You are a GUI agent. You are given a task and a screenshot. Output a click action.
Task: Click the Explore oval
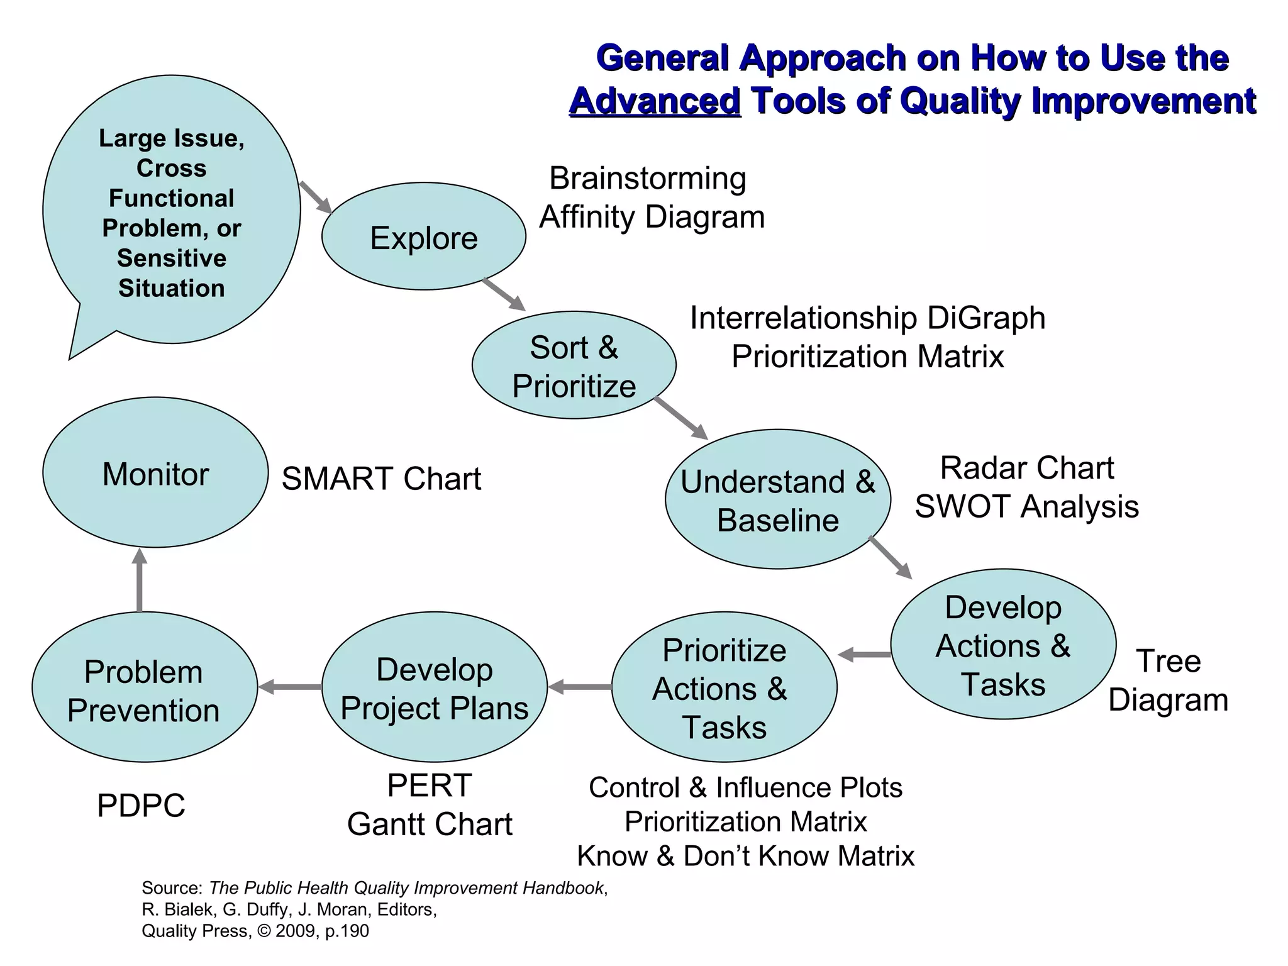tap(423, 236)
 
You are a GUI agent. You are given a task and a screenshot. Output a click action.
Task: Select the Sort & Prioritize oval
tap(574, 365)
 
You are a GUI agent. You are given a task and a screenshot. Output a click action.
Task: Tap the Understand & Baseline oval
tap(777, 500)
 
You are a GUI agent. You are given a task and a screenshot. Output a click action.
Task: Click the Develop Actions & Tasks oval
tap(1002, 645)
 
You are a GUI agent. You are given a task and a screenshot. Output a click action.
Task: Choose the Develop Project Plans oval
tap(434, 687)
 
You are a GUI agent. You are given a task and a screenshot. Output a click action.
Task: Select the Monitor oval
tap(155, 473)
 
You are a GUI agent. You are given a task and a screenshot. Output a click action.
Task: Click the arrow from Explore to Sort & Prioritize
tap(504, 294)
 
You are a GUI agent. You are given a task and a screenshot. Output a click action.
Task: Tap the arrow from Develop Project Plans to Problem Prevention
tap(289, 687)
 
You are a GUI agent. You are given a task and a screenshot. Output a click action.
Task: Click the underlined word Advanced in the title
tap(655, 101)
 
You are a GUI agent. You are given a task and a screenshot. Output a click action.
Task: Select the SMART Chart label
tap(381, 479)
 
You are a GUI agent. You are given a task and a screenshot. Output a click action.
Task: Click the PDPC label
tap(141, 806)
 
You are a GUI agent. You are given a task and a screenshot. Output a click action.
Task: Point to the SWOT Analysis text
tap(1026, 507)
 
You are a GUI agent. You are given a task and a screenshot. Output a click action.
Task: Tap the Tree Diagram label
tap(1168, 680)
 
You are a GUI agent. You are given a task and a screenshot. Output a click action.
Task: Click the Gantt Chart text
tap(430, 824)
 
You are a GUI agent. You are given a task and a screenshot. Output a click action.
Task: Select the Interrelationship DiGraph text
tap(867, 318)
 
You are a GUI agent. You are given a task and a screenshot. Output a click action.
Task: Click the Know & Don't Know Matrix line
tap(745, 856)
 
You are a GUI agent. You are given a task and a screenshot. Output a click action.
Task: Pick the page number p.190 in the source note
tap(347, 931)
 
